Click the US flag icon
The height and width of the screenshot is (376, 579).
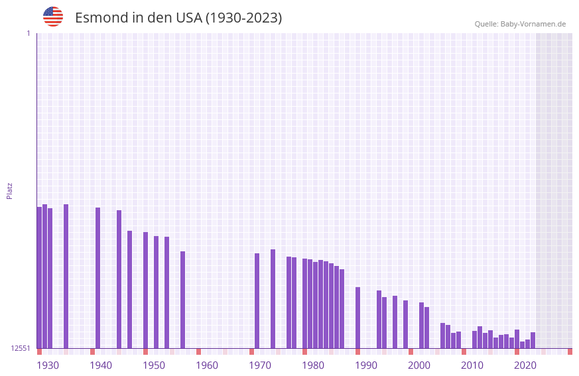[x=53, y=17]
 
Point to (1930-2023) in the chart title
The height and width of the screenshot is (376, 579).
[x=243, y=18]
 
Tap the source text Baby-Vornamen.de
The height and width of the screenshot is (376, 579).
[x=533, y=24]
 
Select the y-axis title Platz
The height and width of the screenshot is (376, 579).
[x=9, y=190]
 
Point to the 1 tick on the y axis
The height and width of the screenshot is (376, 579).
[x=28, y=33]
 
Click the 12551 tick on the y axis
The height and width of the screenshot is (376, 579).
[x=21, y=348]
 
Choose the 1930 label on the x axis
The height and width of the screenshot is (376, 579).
[x=48, y=365]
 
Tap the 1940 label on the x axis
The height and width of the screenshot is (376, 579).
[x=101, y=365]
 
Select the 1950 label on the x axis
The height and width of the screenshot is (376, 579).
[x=154, y=365]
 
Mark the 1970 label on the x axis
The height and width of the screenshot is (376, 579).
[x=260, y=365]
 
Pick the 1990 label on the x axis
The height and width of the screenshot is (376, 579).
[x=366, y=365]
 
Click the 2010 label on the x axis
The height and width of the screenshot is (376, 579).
[x=472, y=365]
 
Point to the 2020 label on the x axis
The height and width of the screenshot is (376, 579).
[x=525, y=365]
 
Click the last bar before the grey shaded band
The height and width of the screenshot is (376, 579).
[x=533, y=340]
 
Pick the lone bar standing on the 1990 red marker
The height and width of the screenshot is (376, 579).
[x=357, y=318]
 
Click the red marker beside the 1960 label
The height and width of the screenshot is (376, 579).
[x=198, y=351]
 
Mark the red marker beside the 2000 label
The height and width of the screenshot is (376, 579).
[x=411, y=351]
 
